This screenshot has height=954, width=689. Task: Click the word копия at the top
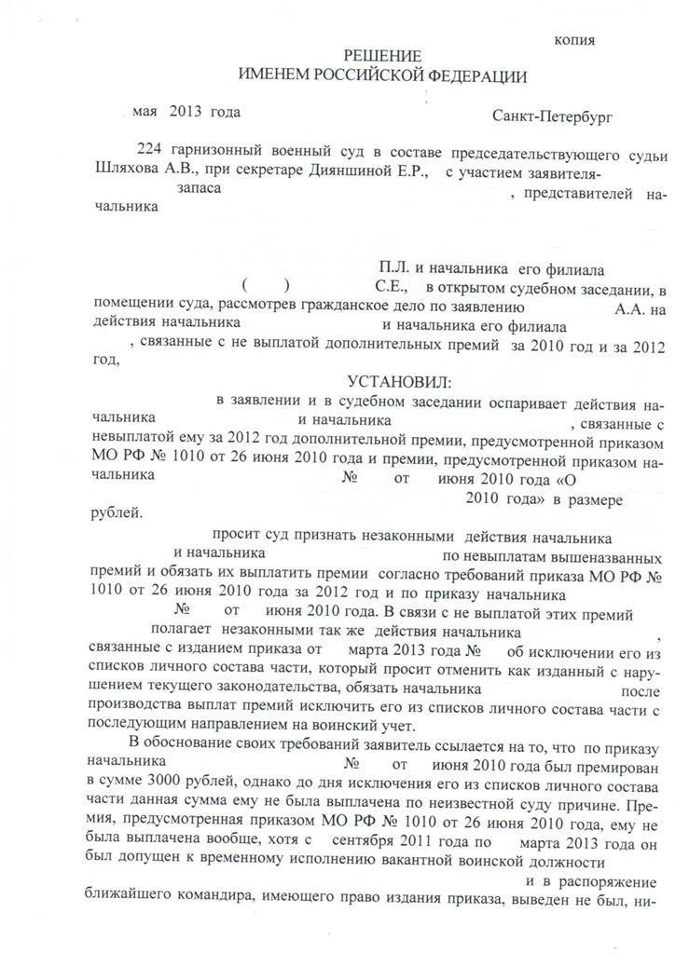click(x=574, y=40)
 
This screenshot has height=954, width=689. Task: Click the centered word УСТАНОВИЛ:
click(x=398, y=383)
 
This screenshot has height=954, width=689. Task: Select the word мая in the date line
click(x=145, y=112)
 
